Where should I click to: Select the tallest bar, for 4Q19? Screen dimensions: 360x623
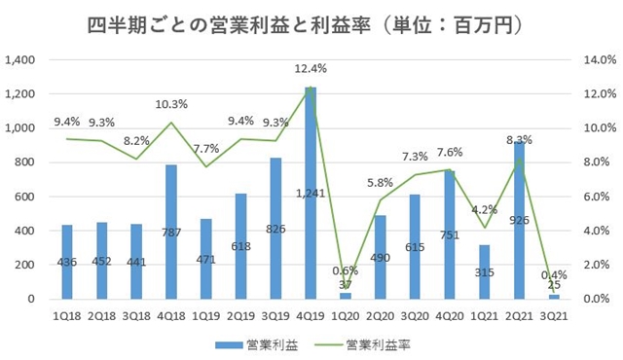tap(311, 195)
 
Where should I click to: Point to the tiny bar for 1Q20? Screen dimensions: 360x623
tap(346, 294)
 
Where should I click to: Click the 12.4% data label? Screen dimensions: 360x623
tap(311, 68)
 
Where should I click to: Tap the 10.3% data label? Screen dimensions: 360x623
tap(171, 103)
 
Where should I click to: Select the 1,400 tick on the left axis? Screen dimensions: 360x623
tap(21, 60)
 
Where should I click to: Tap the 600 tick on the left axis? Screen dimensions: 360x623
tap(27, 197)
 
